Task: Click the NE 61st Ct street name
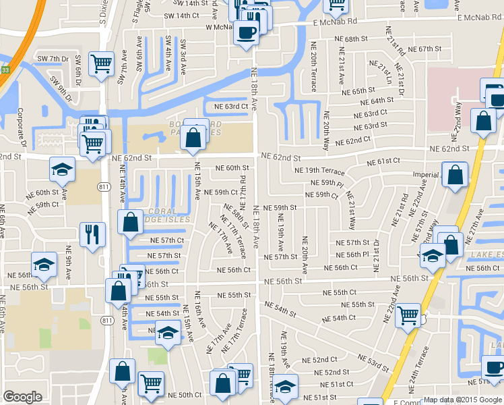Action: (383, 162)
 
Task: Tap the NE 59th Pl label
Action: (332, 183)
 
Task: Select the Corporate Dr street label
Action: (21, 128)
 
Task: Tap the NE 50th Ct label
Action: (185, 395)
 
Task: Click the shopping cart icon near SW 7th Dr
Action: (101, 63)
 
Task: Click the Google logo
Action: (22, 397)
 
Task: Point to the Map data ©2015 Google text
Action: (462, 400)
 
